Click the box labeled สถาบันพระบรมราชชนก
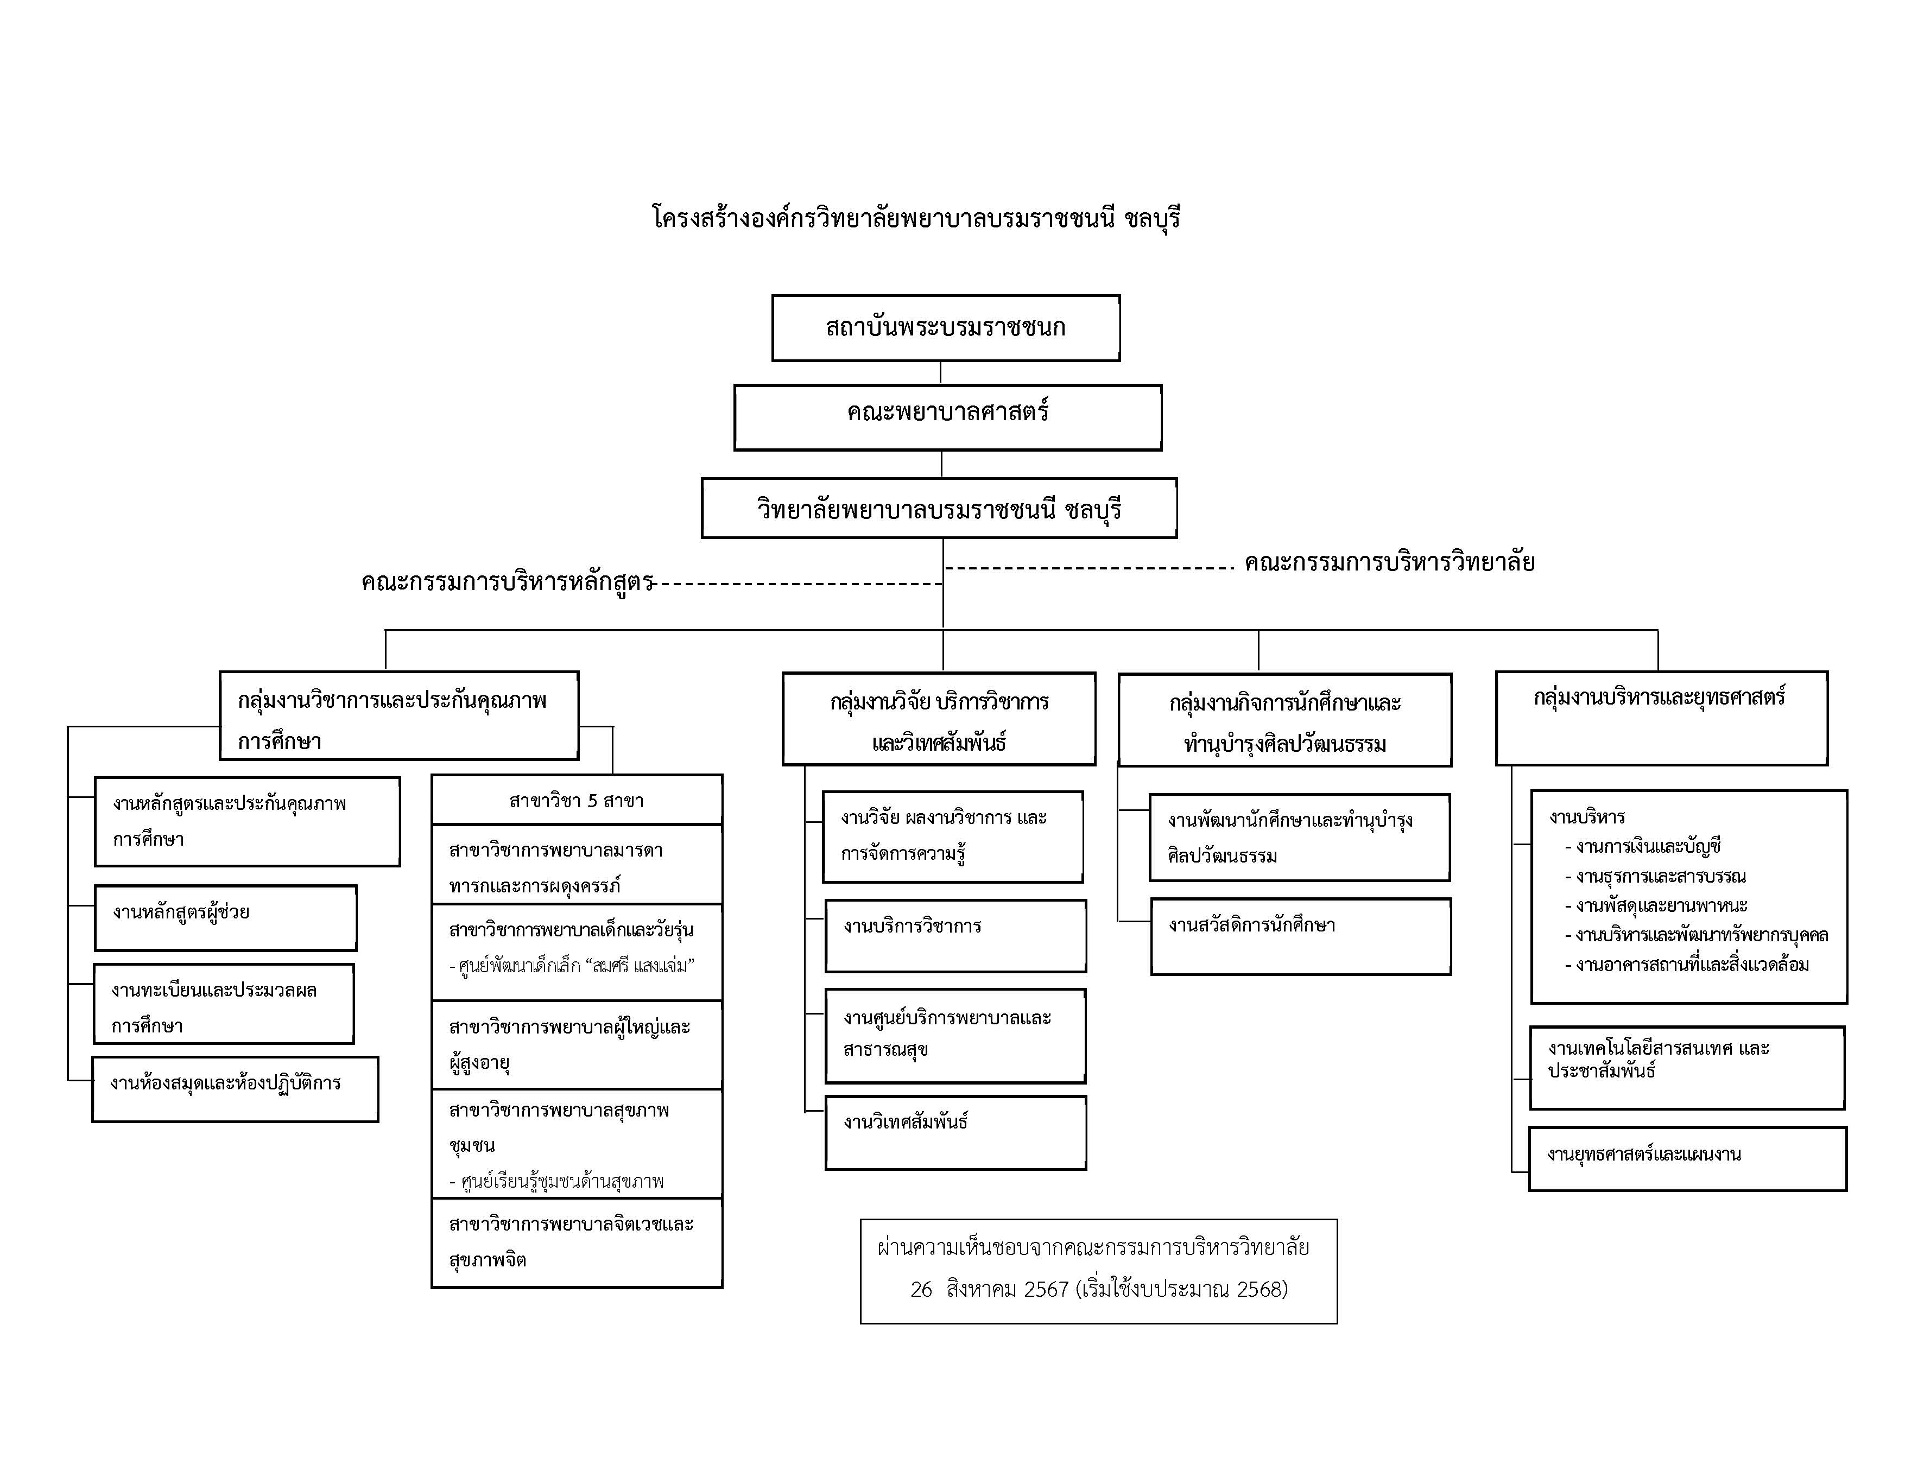point(946,328)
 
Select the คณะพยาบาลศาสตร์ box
point(947,417)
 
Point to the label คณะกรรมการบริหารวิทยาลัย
point(1389,562)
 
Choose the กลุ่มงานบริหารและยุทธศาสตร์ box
point(1662,719)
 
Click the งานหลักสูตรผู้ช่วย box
point(225,918)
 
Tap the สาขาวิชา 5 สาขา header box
point(577,800)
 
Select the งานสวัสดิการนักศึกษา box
point(1301,936)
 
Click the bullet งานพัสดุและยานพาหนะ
point(1655,905)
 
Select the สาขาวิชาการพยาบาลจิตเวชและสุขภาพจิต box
point(577,1243)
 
